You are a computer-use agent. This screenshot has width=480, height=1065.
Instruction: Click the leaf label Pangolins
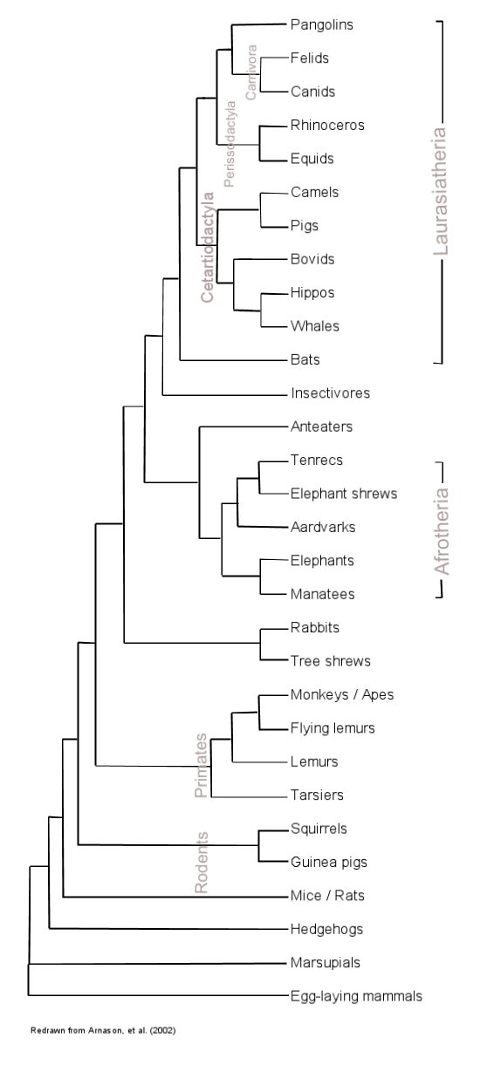pos(321,25)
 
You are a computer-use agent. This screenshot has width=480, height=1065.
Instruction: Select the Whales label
pos(315,326)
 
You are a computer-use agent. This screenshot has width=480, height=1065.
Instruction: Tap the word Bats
pos(305,359)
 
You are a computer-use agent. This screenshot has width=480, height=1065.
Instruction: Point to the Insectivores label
pos(330,393)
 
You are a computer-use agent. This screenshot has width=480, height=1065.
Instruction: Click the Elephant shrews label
pos(344,494)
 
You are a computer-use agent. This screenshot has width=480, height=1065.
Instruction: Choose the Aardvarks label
pos(323,528)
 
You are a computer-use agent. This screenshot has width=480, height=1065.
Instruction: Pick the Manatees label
pos(323,594)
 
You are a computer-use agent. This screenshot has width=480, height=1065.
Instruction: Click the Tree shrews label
pos(331,661)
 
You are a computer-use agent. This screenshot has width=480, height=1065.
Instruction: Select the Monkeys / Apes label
pos(342,695)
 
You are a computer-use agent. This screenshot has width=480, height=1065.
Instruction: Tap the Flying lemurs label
pos(333,728)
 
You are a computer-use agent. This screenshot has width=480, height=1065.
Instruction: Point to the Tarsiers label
pos(317,795)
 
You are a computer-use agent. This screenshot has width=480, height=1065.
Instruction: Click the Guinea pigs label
pos(329,863)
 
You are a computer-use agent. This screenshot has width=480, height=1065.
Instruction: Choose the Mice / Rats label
pos(327,896)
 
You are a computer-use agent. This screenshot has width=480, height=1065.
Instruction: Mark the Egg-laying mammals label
pos(356,997)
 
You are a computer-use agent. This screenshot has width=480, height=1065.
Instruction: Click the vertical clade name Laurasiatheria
pos(441,191)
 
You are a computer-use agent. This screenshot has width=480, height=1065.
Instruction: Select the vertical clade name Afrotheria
pos(442,531)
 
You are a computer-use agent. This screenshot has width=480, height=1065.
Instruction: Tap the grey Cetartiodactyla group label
pos(208,247)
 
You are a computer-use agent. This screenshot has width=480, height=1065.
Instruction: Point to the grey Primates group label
pos(202,766)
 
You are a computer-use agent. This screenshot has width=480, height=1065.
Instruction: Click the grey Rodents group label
pos(202,863)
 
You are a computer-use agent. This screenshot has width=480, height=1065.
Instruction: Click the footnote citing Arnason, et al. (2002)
pos(103,1030)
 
